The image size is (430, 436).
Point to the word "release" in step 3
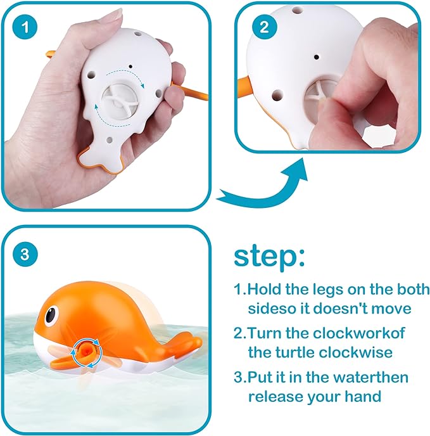pyautogui.click(x=275, y=397)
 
